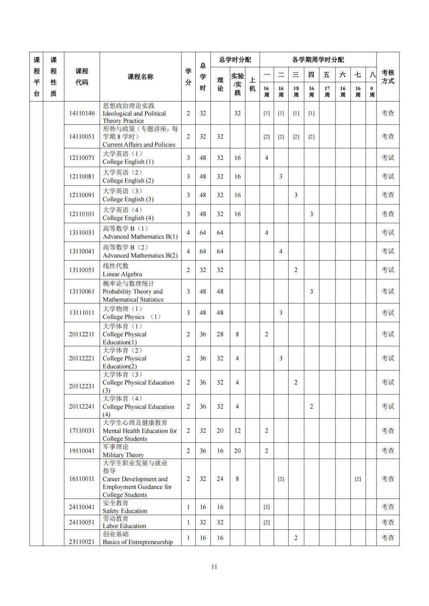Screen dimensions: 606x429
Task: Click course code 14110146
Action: tap(82, 113)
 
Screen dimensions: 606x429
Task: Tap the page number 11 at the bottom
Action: tap(214, 567)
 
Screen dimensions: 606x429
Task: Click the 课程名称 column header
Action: tap(140, 77)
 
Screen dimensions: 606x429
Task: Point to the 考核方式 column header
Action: tap(388, 77)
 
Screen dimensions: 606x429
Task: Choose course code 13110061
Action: tap(82, 291)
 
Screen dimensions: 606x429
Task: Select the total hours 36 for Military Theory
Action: tap(203, 451)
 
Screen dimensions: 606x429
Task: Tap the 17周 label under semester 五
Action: tap(327, 91)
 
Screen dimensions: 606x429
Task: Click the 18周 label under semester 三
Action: tap(296, 91)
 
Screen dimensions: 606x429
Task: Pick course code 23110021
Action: tap(82, 542)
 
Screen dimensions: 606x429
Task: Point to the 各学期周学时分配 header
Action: tap(318, 59)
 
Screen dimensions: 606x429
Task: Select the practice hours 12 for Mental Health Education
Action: tap(237, 431)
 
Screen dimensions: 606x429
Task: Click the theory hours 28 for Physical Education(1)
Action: tap(220, 334)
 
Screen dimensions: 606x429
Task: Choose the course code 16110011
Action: tap(82, 479)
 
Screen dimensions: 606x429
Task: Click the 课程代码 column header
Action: tap(82, 77)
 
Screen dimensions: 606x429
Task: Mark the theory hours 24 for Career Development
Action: tap(220, 479)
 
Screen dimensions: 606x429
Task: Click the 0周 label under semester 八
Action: tap(372, 91)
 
